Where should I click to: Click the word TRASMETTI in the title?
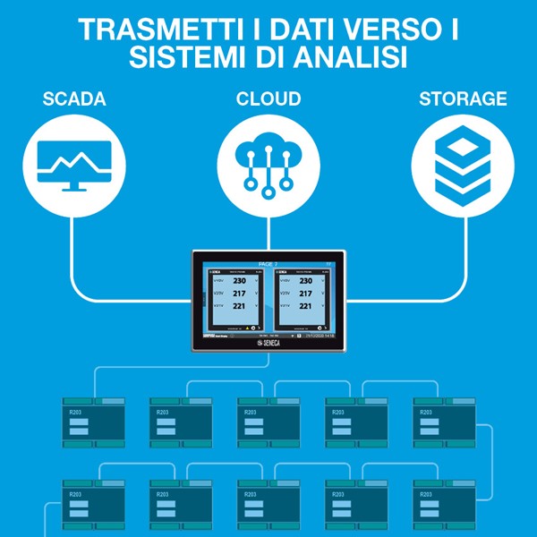point(148,29)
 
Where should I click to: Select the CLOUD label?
point(268,98)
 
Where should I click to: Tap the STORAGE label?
point(463,98)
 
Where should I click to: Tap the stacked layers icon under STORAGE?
point(464,165)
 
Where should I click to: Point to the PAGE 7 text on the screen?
point(269,265)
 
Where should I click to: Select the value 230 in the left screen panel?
point(241,281)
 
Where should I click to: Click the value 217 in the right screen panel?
point(305,294)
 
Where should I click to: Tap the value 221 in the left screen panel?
point(240,306)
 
